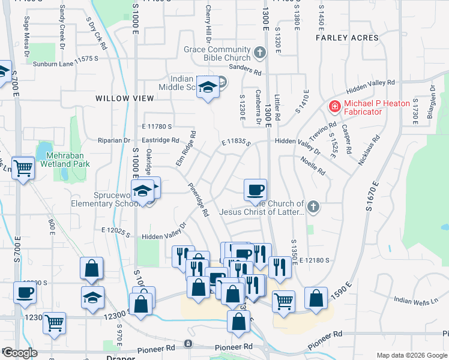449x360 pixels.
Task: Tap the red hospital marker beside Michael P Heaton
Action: (x=334, y=107)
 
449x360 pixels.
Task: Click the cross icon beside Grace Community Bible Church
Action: (x=259, y=53)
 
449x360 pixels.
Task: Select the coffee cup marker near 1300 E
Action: (x=255, y=190)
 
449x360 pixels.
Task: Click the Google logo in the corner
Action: (x=20, y=353)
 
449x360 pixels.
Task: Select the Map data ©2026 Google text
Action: (x=412, y=355)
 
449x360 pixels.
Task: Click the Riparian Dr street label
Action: (x=114, y=140)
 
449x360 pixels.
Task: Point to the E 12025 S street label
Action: (x=116, y=230)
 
